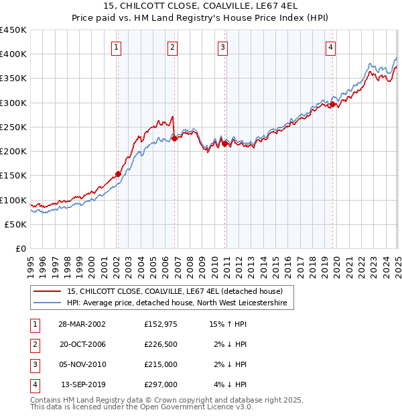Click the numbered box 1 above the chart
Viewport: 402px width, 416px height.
tap(117, 47)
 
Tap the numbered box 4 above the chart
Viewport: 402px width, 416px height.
tap(331, 47)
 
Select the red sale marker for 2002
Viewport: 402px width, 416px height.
tap(118, 174)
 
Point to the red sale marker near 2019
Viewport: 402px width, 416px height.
tap(333, 104)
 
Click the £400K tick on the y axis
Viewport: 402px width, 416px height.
tap(14, 54)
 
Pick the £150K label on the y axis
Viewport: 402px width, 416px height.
tap(14, 176)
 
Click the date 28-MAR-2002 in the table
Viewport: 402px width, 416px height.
tap(82, 325)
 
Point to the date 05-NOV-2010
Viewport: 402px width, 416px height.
tap(82, 364)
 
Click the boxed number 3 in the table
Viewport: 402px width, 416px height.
tap(33, 364)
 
